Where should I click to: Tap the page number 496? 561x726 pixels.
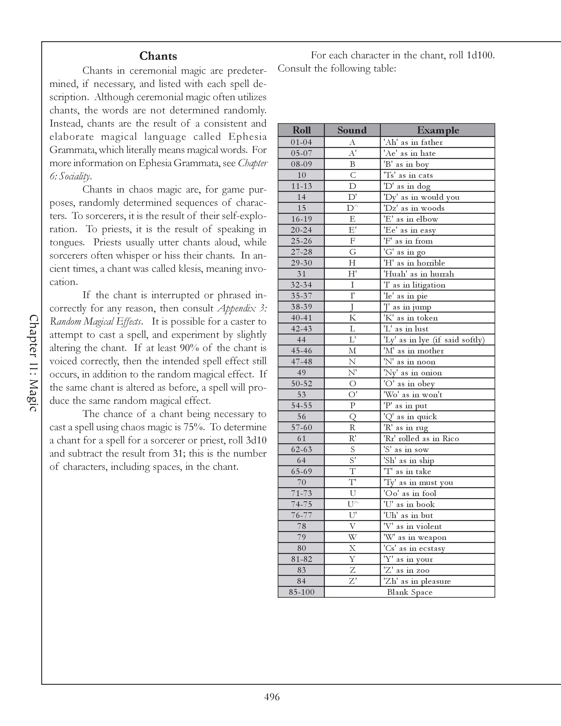pos(272,696)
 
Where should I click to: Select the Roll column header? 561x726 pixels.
pos(301,130)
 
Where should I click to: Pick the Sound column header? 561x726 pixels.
pos(352,130)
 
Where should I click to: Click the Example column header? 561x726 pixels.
pos(438,130)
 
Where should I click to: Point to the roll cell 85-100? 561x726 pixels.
pos(301,592)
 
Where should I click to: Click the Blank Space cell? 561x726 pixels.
pos(410,592)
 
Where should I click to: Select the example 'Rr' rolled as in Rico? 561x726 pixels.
pos(421,438)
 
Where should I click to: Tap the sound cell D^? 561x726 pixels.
pos(352,208)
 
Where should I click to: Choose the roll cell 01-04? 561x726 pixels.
pos(301,142)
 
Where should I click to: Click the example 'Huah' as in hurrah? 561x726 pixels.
pos(419,274)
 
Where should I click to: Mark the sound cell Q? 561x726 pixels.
pos(352,416)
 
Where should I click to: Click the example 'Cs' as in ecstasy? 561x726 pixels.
pos(414,548)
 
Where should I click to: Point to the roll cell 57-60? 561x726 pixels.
pos(301,427)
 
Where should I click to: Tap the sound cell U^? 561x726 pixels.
pos(352,504)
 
